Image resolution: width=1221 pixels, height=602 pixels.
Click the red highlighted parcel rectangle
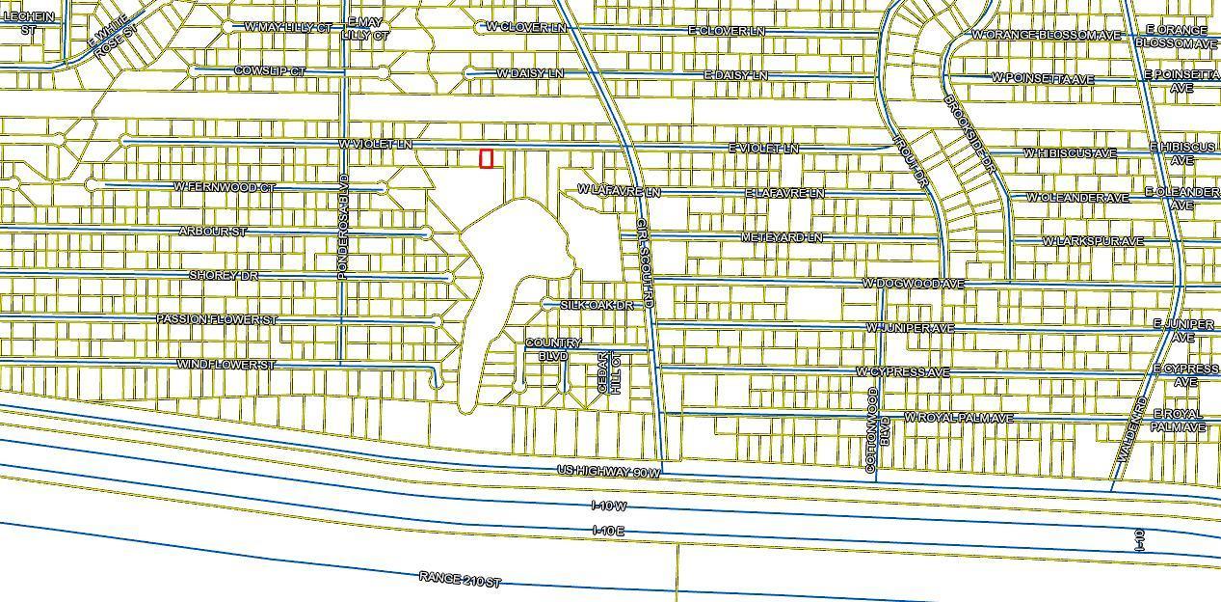[x=487, y=159]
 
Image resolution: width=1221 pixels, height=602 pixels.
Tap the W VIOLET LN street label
[x=375, y=145]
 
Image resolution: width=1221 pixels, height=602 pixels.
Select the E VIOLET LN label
[x=764, y=149]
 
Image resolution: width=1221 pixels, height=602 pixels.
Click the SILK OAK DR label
[x=597, y=305]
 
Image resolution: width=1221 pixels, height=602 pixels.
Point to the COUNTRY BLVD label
[x=553, y=349]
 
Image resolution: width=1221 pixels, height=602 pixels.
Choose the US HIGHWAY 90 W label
[x=609, y=472]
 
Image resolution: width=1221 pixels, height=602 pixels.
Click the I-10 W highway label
[x=609, y=506]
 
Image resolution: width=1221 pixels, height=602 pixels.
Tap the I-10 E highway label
[x=608, y=531]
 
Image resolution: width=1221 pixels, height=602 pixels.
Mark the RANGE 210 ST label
[x=461, y=579]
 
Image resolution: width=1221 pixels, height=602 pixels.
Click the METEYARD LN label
[x=782, y=237]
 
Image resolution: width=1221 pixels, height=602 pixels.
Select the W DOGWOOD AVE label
[x=913, y=284]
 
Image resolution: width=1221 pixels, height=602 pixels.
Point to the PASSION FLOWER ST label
[x=217, y=319]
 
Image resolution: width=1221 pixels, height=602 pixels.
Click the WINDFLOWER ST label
[x=226, y=365]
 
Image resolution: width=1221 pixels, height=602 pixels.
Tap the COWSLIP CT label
[x=270, y=71]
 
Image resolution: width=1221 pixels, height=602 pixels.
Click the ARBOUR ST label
[x=213, y=232]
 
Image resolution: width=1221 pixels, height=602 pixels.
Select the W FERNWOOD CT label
[x=224, y=186]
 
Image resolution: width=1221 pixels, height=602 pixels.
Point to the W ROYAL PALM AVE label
[x=958, y=418]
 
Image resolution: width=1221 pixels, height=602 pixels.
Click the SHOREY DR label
[x=224, y=276]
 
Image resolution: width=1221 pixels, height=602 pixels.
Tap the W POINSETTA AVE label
[x=1043, y=78]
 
